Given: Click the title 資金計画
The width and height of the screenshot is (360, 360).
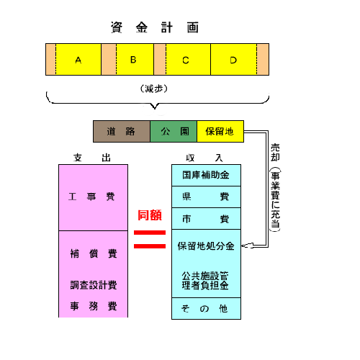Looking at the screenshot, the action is [155, 27].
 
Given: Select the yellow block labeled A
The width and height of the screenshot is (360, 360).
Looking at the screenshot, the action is [78, 59].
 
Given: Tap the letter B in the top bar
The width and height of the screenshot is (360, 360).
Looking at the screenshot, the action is [133, 60].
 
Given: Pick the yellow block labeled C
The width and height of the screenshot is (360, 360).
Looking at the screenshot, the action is [188, 59].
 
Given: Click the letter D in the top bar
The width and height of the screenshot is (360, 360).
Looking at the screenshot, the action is [233, 60].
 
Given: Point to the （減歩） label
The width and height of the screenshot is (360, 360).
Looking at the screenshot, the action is [154, 89].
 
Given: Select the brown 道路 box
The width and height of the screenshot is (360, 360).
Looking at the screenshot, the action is [122, 132].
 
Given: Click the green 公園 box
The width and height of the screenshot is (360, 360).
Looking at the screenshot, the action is [174, 132].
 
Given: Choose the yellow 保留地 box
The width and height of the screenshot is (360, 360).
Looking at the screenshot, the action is [220, 132].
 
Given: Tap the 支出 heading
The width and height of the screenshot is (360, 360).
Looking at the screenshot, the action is [92, 158].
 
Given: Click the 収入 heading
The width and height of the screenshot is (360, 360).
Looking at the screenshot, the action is [204, 158].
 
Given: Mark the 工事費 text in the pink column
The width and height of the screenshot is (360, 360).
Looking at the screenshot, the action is [91, 197].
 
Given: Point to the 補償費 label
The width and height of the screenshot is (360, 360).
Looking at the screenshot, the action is [94, 253].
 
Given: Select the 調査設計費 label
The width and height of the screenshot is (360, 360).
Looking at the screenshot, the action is [94, 285].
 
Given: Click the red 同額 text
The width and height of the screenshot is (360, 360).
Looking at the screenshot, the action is [150, 215].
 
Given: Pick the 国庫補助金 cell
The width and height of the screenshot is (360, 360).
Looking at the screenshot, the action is [206, 175].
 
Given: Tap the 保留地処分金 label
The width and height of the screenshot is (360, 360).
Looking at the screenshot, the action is [206, 246].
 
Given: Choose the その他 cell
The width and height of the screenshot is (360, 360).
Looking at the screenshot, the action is [206, 309].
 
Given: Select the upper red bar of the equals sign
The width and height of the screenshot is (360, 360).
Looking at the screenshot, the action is [150, 233].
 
